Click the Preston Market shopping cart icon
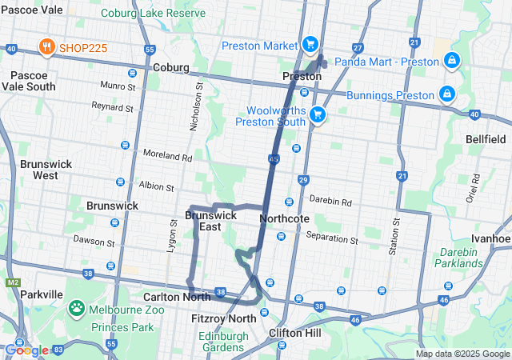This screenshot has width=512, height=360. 311,45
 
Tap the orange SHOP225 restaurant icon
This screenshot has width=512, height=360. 45,46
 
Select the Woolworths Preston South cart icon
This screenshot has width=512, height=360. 318,114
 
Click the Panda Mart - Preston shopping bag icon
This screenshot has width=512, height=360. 452,61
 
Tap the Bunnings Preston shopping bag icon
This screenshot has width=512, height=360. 446,94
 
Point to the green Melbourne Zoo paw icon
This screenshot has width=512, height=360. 77,307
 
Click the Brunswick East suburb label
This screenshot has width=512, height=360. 210,221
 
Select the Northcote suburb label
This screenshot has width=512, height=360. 285,218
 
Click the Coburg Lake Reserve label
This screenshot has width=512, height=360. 166,14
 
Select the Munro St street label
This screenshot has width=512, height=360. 117,85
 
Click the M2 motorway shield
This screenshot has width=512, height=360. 12,282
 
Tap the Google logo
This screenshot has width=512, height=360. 26,350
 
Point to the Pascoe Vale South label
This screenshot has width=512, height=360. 32,81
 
